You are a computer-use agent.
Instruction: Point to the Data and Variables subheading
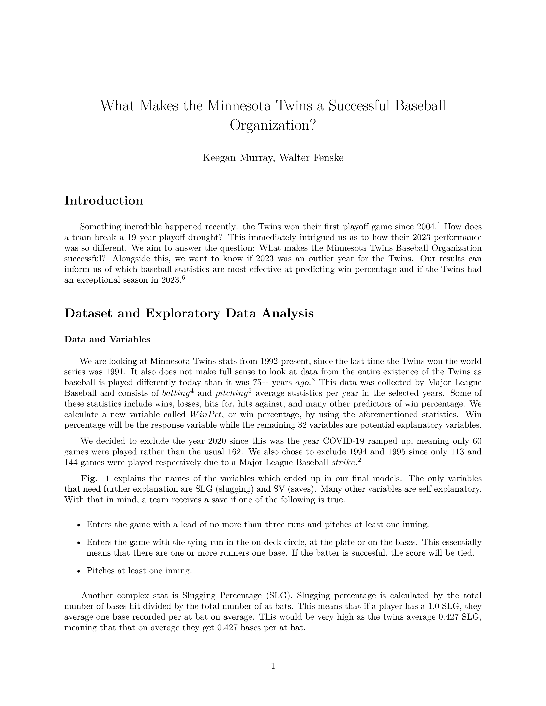click(x=107, y=340)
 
